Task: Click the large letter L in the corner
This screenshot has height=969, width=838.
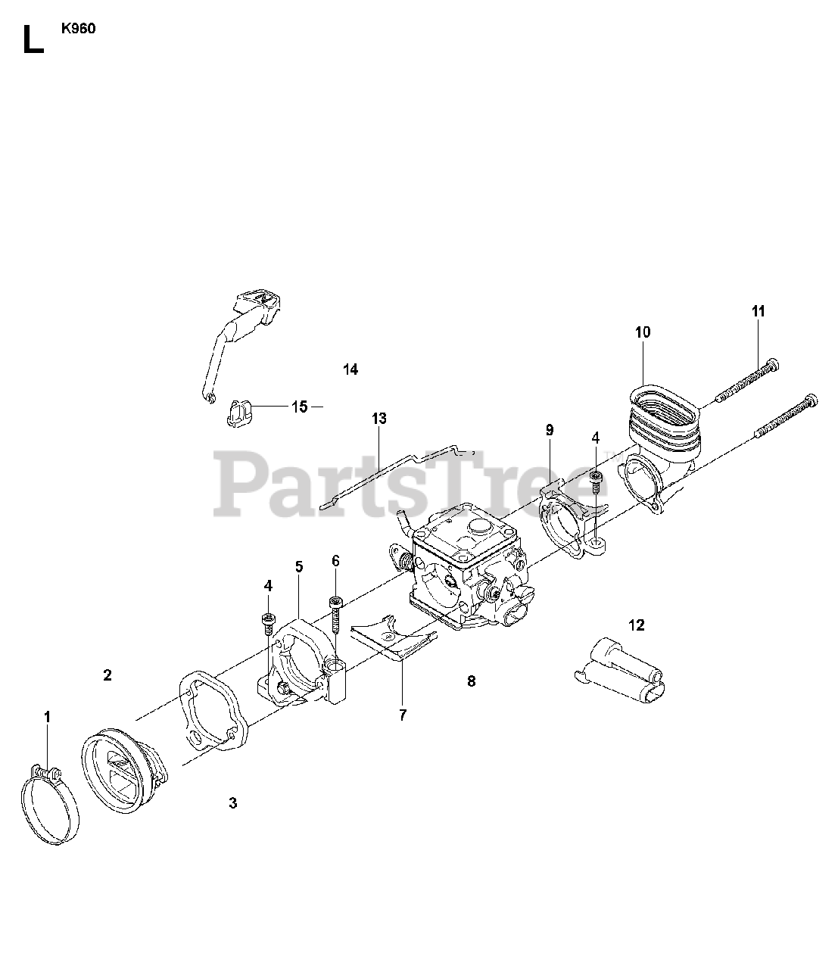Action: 32,40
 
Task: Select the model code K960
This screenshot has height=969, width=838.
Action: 79,31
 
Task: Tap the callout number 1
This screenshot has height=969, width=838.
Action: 47,716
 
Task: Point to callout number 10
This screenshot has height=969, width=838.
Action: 643,332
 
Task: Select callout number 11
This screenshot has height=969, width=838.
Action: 759,310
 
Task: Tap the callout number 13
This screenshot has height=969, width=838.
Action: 379,418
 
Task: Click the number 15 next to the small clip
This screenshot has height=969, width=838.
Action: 300,407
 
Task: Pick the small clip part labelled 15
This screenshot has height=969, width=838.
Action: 238,413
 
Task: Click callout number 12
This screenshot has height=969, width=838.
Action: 636,625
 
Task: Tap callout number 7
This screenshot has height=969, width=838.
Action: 403,714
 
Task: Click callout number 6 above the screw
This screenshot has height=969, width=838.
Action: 335,561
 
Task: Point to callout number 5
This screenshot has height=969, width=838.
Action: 299,566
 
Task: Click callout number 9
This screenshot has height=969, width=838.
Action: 550,430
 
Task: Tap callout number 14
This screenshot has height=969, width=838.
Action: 350,369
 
